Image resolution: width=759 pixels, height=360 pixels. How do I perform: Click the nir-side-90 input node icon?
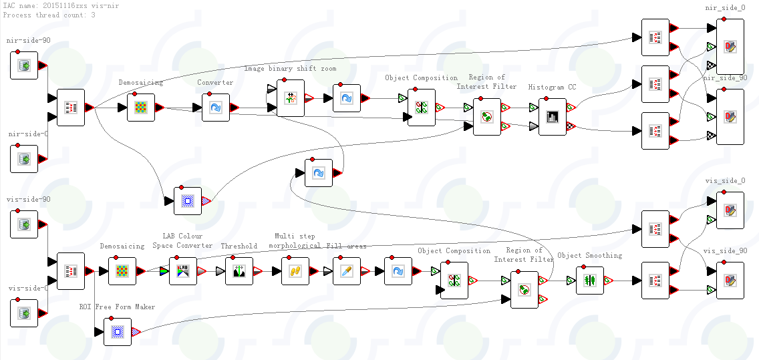coord(24,65)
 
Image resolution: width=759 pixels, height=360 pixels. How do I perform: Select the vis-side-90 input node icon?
coord(24,224)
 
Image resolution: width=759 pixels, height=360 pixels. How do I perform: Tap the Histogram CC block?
coord(553,117)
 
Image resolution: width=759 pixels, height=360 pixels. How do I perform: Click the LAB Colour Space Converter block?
coord(183,271)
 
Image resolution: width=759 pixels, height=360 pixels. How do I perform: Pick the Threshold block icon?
coord(239,271)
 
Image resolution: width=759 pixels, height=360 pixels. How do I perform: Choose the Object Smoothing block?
coord(590,281)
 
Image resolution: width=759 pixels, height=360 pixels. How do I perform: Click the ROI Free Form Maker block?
coord(118,331)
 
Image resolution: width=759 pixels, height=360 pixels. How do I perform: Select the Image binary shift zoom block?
coord(291,98)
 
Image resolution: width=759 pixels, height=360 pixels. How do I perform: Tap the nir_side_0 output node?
coord(730,47)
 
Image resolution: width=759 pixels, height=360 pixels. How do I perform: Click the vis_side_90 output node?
coord(730,281)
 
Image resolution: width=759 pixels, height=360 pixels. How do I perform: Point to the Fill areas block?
coord(347,271)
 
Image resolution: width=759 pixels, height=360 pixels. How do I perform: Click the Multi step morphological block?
coord(295,271)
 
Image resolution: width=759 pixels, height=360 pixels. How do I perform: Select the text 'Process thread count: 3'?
coord(49,15)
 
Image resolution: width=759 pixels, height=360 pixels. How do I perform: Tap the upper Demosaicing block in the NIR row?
coord(141,107)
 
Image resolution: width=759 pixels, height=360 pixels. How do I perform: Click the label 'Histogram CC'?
coord(552,87)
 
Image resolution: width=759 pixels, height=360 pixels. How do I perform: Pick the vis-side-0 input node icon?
coord(24,313)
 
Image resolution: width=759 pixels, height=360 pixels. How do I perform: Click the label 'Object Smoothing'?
coord(589,256)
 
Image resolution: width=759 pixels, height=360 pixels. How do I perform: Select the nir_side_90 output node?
coord(730,117)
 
